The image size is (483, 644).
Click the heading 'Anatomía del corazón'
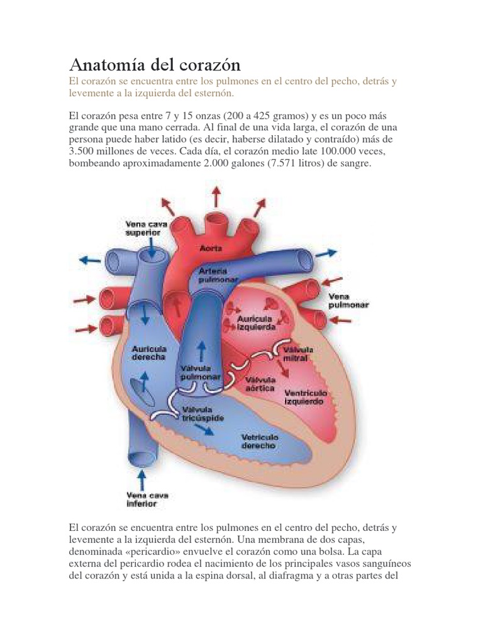pos(154,65)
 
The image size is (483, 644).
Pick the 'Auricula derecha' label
pos(148,352)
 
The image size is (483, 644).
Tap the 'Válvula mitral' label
pos(295,353)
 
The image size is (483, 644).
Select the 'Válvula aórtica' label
pos(260,384)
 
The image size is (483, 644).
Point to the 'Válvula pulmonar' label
pos(200,372)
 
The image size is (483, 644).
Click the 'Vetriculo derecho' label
pos(258,441)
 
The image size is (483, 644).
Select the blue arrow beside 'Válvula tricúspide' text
pos(203,429)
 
